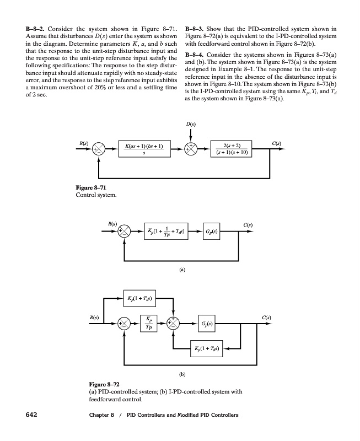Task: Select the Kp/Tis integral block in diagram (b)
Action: (x=148, y=324)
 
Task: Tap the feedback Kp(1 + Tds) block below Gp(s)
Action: (x=205, y=348)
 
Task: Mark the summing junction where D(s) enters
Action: (x=191, y=149)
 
